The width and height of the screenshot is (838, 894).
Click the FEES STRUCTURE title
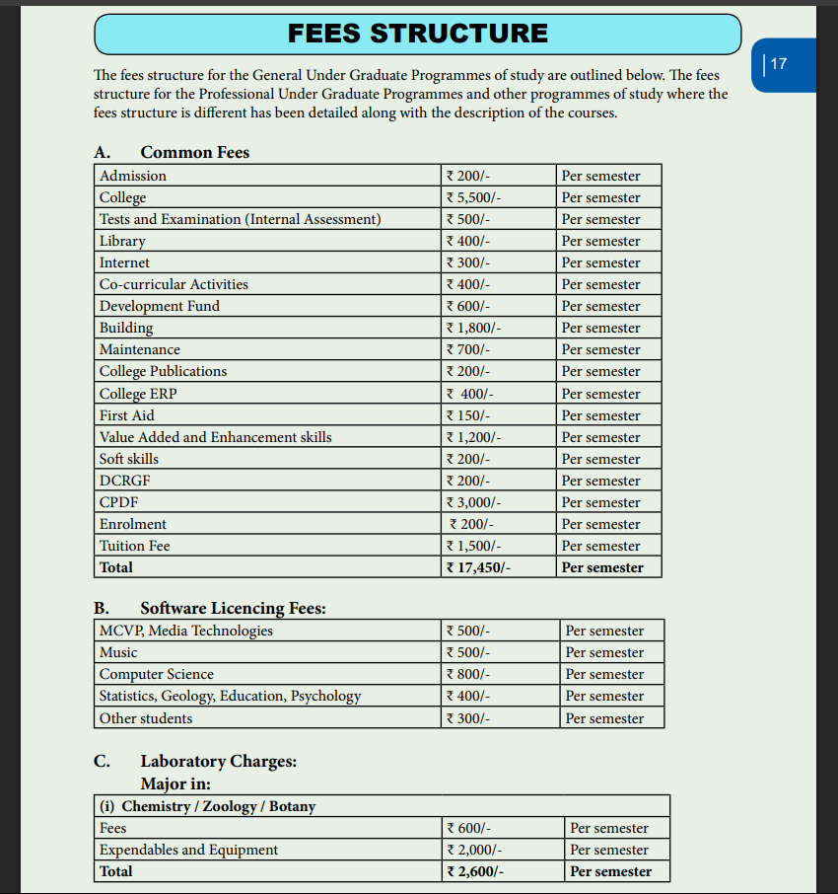(417, 34)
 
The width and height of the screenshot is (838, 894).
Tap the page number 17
(778, 64)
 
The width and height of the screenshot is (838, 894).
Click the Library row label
(122, 241)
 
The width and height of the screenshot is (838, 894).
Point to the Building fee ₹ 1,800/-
(474, 328)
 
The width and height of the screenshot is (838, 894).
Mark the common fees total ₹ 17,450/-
(478, 567)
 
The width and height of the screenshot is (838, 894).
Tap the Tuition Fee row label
(135, 546)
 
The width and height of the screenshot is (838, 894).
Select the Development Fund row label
(160, 306)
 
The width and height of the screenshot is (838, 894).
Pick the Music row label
(118, 652)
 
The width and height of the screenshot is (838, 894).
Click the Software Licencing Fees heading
(233, 608)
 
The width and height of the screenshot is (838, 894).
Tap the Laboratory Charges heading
(218, 761)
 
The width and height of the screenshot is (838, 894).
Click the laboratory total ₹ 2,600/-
(478, 871)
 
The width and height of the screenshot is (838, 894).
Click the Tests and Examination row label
(240, 219)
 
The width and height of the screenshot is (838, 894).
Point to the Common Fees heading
(194, 152)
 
